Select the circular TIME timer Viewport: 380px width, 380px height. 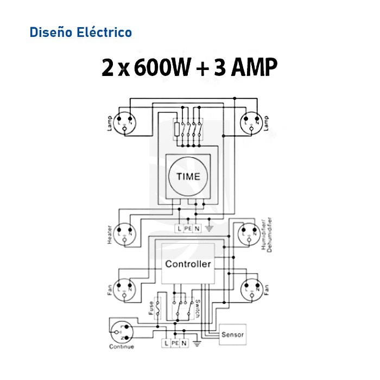188,176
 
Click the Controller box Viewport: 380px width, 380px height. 188,264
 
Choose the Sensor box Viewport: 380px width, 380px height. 233,335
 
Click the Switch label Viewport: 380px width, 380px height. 198,308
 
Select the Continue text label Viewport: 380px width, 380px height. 122,347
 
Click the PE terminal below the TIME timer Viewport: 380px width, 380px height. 188,229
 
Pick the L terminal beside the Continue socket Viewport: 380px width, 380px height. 166,344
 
